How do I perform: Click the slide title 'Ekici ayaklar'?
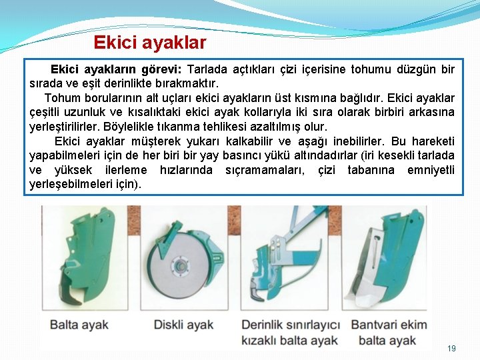tap(150, 43)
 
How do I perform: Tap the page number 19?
tap(451, 349)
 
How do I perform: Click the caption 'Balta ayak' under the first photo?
tap(79, 325)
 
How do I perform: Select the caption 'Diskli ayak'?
tap(183, 325)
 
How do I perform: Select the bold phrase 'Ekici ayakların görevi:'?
tap(117, 70)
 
